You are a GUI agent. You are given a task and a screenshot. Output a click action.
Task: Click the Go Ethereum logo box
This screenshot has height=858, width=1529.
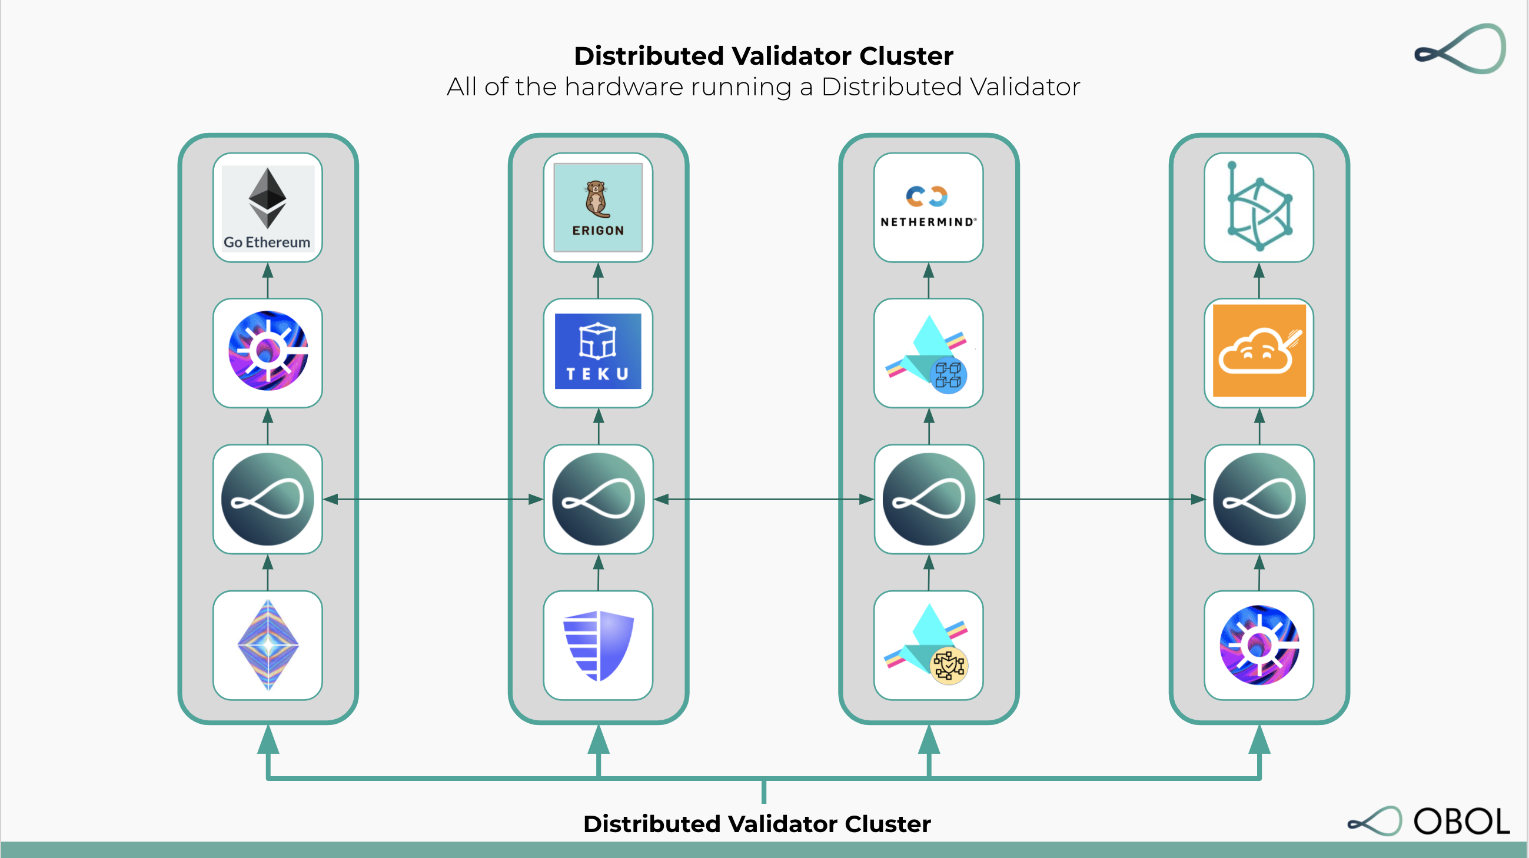[x=268, y=208]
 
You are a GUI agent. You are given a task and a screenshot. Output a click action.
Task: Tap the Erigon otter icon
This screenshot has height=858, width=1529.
[x=597, y=199]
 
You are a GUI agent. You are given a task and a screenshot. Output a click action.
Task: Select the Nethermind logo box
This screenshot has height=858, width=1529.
[x=928, y=208]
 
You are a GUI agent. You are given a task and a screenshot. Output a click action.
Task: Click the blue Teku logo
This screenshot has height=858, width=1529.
[x=598, y=352]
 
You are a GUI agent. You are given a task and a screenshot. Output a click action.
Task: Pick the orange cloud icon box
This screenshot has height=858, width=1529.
[x=1258, y=352]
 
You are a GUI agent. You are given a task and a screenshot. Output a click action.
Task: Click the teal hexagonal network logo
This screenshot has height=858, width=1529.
[x=1258, y=208]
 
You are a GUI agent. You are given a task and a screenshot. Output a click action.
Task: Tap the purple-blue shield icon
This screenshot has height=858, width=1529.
[x=598, y=645]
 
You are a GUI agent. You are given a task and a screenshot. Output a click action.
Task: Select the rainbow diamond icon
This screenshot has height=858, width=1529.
[x=268, y=645]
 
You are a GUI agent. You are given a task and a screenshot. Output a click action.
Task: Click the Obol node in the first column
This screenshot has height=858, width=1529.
[x=268, y=499]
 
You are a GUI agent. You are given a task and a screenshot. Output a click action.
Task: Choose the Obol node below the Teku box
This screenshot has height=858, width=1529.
[x=598, y=499]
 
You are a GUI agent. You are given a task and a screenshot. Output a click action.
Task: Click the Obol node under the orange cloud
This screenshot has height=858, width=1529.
[x=1258, y=499]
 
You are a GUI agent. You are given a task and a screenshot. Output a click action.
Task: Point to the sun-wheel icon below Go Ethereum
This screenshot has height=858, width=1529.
[x=268, y=352]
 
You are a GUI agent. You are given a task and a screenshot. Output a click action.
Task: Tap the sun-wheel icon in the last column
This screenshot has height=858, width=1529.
[x=1258, y=645]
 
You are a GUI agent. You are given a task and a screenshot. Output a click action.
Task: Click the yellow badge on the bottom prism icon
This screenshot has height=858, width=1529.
[x=949, y=666]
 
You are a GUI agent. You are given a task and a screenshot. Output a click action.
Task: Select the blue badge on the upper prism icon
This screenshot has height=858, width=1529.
[x=948, y=375]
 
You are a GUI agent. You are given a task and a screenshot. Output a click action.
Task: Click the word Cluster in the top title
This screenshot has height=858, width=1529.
[x=906, y=56]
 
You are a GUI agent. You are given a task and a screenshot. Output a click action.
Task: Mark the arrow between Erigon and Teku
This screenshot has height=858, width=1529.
[x=598, y=280]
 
